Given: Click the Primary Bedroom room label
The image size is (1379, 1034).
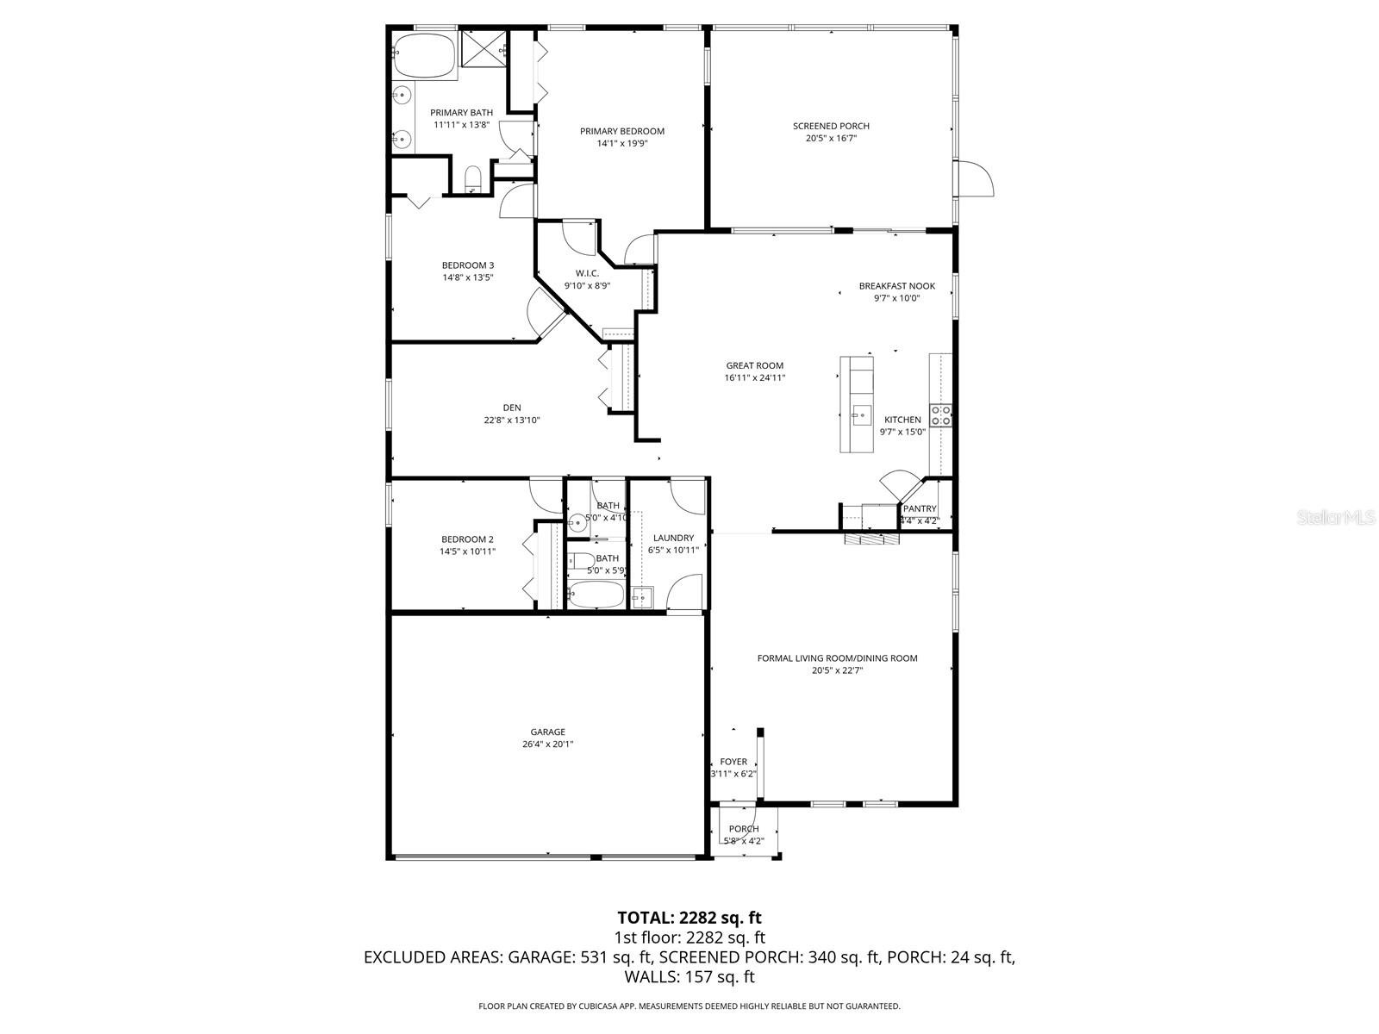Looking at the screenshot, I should pos(621,132).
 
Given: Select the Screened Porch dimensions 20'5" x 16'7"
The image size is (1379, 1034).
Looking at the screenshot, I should pos(831,138).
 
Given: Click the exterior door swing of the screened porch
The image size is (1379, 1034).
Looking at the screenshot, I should pos(977,179).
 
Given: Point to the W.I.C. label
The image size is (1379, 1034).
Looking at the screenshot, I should pos(587,274).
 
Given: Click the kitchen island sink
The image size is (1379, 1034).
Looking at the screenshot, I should pos(859,416).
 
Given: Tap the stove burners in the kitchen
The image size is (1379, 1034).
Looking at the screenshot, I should pos(940,416).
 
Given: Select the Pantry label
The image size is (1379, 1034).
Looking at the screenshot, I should pos(920,509).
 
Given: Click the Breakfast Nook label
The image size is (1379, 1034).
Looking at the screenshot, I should pos(896,286).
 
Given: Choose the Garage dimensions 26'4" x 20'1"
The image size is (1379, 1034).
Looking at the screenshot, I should pos(547,744).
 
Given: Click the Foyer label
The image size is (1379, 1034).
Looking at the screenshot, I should pos(733,762).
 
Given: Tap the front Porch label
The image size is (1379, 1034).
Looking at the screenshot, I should pos(743,829).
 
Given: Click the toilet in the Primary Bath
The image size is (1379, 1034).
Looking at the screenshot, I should pos(472,180).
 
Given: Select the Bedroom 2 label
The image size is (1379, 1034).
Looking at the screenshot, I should pos(467,539).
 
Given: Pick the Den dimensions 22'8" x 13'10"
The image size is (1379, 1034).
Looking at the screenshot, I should pos(512,420).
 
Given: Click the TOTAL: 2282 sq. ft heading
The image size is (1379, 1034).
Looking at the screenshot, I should pos(689,918).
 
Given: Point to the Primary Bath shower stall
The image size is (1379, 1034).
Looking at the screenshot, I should pos(482,48).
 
